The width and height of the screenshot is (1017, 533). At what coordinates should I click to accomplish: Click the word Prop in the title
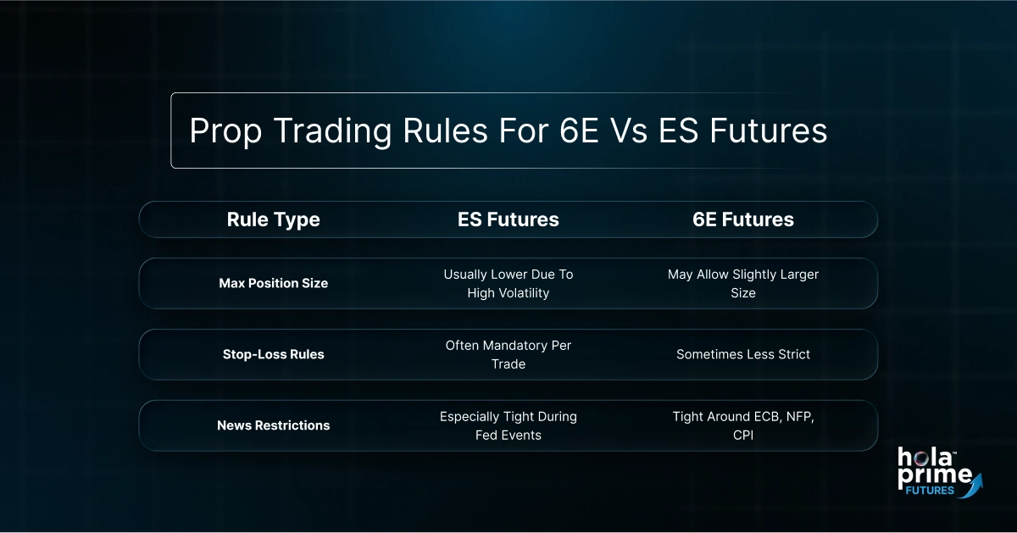tap(222, 131)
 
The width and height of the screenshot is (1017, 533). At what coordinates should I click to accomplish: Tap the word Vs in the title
tap(631, 131)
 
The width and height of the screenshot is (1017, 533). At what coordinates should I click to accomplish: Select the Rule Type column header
tap(273, 219)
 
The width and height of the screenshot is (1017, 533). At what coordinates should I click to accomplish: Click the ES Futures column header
tap(508, 219)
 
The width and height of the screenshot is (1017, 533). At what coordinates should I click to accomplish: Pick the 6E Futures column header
tap(742, 219)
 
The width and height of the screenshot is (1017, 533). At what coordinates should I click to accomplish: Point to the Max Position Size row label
tap(273, 283)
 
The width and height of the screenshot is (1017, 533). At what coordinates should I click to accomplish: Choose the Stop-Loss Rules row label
tap(273, 354)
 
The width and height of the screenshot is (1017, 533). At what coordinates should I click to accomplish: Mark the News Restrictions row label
tap(273, 425)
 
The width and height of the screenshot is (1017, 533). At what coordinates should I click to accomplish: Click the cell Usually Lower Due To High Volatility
tap(508, 283)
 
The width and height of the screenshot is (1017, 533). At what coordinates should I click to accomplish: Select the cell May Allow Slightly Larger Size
tap(742, 283)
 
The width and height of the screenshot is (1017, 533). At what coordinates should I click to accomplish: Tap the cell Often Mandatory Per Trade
tap(508, 354)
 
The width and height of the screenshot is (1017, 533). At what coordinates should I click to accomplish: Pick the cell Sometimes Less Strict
tap(742, 354)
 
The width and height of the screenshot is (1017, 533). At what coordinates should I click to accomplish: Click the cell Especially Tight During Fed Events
tap(508, 425)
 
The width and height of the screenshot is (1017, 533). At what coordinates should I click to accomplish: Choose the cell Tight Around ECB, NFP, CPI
tap(742, 425)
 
